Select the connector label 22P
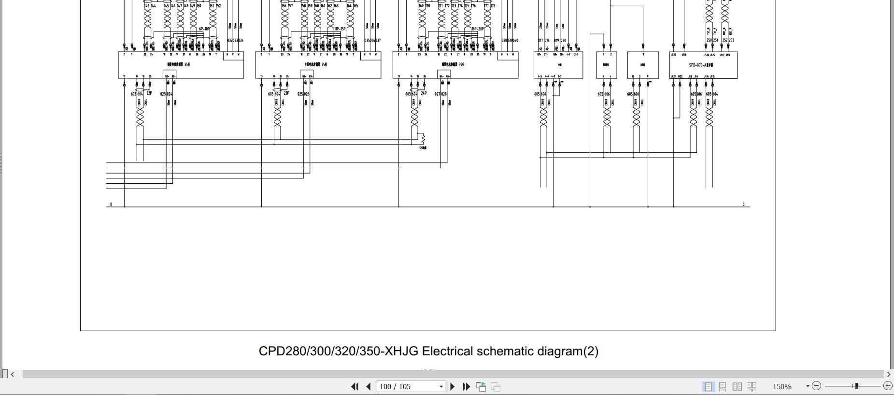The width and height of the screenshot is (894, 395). [149, 93]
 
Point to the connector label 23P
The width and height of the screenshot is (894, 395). [286, 93]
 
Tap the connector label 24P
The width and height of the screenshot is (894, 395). [424, 93]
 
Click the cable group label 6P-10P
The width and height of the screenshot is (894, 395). [204, 29]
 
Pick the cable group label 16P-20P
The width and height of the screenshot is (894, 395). [477, 29]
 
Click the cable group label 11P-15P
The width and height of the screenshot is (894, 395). [340, 29]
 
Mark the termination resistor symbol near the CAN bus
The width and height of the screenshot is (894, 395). [423, 139]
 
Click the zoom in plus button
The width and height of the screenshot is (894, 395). [888, 386]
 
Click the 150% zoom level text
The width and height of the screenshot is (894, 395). [782, 386]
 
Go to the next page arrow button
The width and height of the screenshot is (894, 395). [453, 386]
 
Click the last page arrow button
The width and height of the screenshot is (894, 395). [466, 386]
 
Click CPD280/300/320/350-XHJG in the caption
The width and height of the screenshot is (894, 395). [338, 351]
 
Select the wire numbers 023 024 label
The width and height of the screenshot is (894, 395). [166, 94]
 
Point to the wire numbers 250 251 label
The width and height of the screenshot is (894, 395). [712, 40]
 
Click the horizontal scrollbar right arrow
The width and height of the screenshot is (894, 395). [889, 374]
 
